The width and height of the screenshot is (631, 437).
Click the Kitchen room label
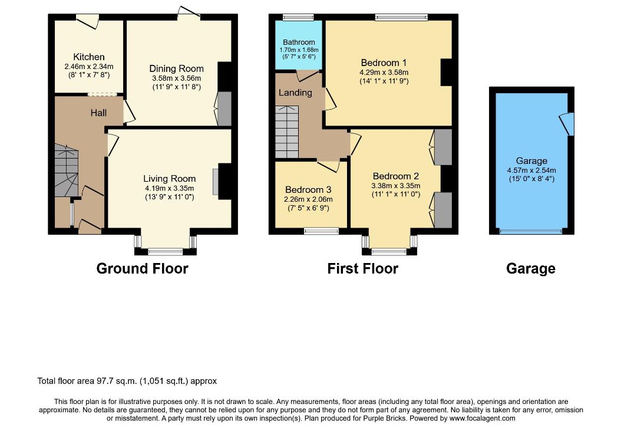(89, 57)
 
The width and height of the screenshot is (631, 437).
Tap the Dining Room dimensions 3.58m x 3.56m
(176, 78)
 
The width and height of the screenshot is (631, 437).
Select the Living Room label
(170, 179)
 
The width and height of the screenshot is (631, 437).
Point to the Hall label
(98, 113)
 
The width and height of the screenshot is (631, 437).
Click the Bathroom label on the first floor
(299, 42)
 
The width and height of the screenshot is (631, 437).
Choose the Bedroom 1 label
(384, 63)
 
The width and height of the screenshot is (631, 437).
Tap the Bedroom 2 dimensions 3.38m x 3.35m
(395, 186)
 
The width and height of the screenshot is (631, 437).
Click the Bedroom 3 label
(308, 190)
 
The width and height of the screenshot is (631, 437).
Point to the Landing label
(295, 93)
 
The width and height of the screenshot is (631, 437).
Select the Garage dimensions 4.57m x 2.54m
(531, 170)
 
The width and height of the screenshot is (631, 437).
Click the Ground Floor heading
(143, 269)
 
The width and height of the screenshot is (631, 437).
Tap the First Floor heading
(362, 269)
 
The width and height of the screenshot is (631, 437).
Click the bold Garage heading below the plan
(531, 269)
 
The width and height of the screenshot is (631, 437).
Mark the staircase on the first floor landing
(287, 132)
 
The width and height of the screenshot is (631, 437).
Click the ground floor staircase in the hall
(67, 170)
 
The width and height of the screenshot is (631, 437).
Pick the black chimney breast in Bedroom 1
(447, 73)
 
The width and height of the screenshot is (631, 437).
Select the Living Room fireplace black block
(225, 181)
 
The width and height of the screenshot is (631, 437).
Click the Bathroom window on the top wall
(298, 17)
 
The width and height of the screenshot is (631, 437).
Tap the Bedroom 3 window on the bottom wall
(321, 231)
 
